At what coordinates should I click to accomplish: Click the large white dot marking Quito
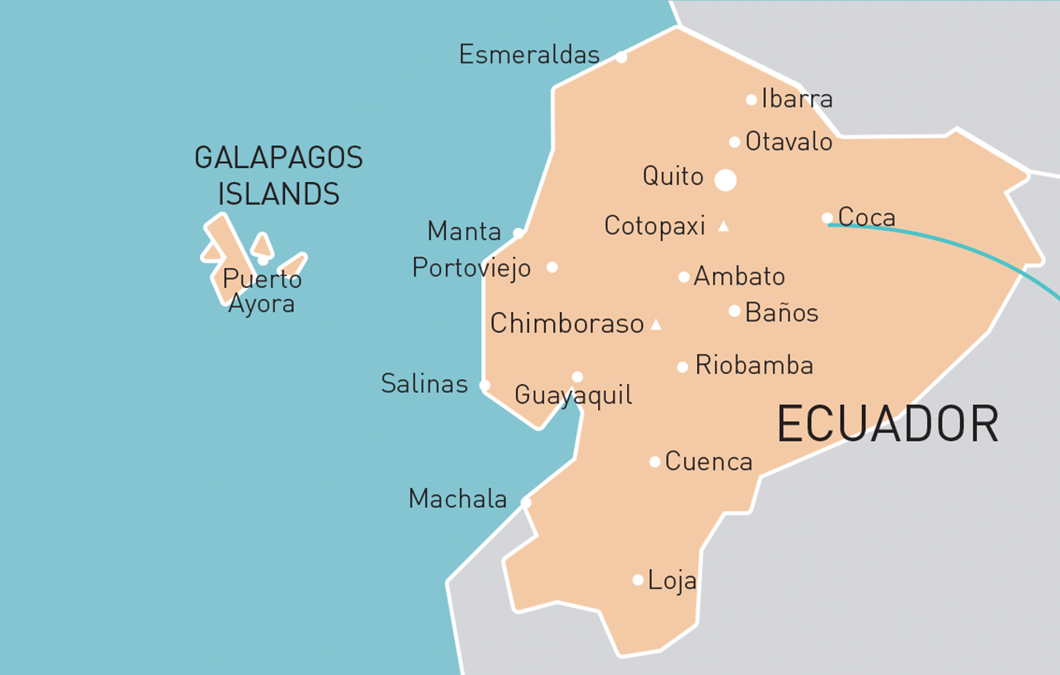point(725,180)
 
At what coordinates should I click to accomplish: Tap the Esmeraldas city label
point(529,55)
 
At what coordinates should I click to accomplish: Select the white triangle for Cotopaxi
point(723,226)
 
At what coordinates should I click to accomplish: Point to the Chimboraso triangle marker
point(656,325)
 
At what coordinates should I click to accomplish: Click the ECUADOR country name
point(888,424)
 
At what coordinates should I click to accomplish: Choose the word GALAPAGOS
point(279,158)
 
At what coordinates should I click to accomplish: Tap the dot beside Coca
point(827,218)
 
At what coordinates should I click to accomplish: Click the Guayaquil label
point(573,395)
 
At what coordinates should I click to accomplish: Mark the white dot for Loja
point(638,580)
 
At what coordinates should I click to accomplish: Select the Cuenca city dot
point(655,462)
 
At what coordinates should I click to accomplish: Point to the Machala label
point(457,499)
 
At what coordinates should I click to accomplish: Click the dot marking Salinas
point(485,386)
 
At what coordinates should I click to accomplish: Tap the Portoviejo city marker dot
point(552,267)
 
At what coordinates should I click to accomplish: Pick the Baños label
point(781,313)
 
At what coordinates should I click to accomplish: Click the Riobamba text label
point(754,365)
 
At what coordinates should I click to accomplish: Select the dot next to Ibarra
point(751,100)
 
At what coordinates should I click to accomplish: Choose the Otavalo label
point(789,142)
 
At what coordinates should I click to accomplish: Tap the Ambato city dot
point(684,277)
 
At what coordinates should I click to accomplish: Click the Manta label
point(464,231)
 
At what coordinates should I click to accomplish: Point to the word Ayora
point(261,304)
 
